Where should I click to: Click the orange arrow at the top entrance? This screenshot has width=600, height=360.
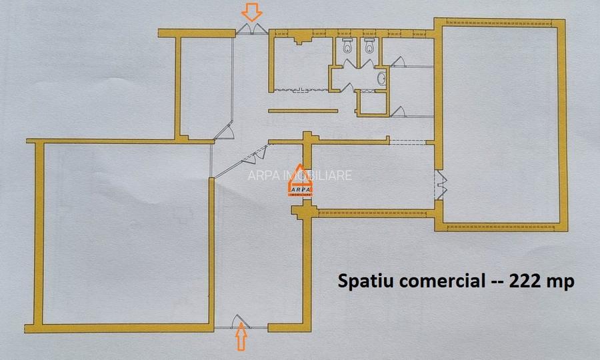tap(252, 11)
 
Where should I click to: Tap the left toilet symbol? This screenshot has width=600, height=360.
tap(347, 46)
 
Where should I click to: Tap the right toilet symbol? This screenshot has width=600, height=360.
tap(369, 46)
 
